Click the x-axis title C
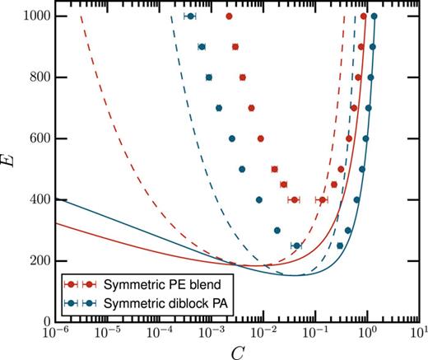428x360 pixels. click(236, 350)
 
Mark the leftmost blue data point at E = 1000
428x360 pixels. click(191, 16)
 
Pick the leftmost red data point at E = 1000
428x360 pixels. click(229, 16)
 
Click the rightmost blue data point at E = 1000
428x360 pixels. click(374, 16)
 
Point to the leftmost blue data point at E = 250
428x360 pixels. click(296, 245)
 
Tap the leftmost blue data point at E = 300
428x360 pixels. click(277, 230)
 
